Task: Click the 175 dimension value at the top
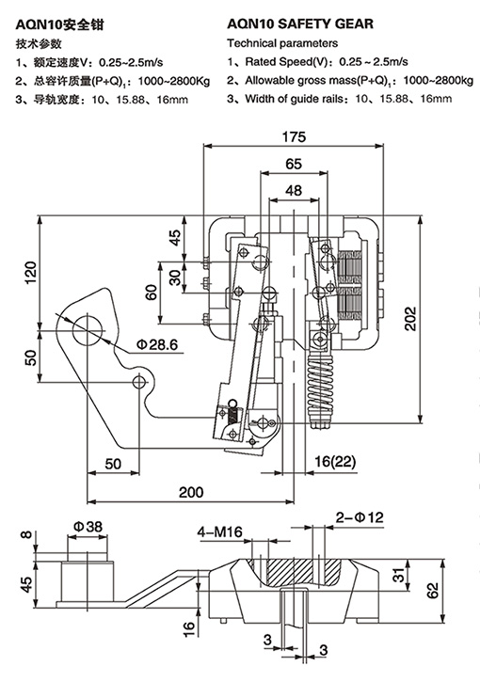(x=294, y=136)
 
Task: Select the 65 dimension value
(x=294, y=164)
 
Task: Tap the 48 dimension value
(x=294, y=190)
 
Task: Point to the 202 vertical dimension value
(x=410, y=319)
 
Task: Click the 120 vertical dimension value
(x=31, y=273)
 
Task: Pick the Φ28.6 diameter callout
(x=157, y=345)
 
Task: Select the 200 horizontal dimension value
(x=191, y=492)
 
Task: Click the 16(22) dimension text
(x=335, y=462)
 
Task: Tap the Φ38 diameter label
(x=88, y=527)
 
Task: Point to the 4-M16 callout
(x=219, y=531)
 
